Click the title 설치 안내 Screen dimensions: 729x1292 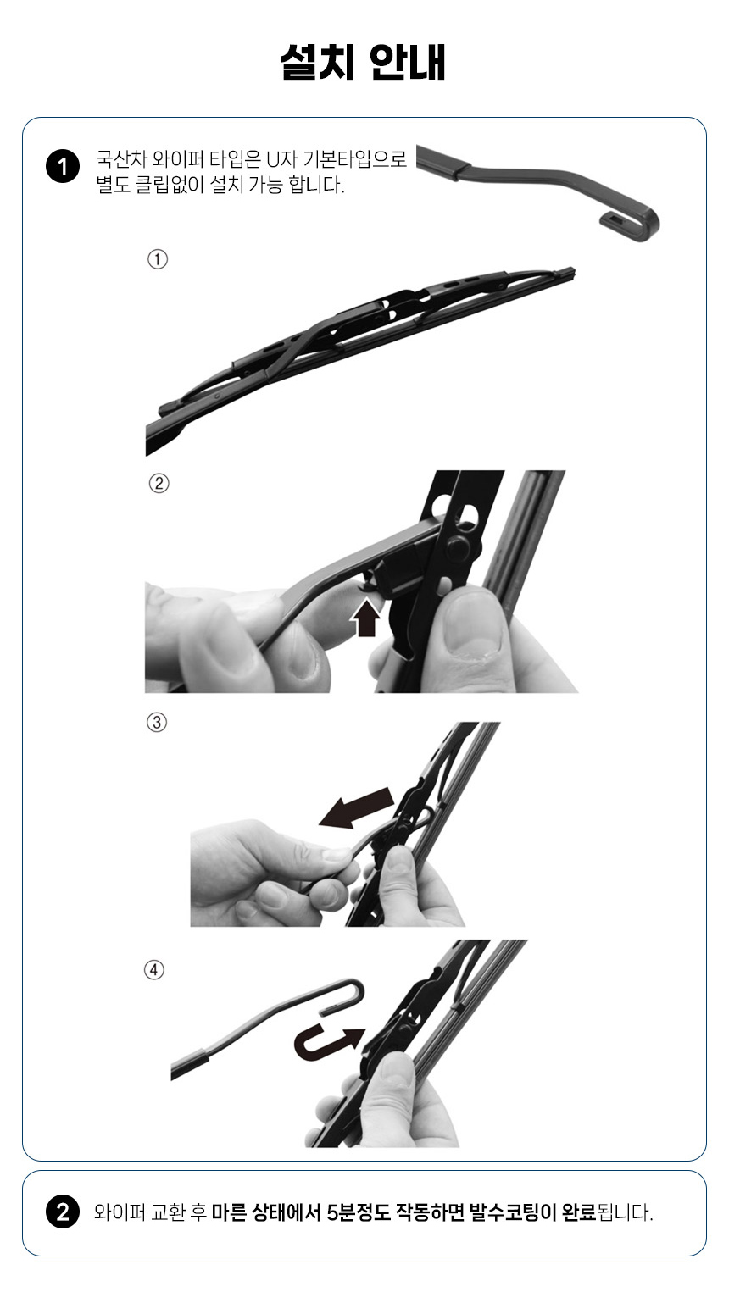363,63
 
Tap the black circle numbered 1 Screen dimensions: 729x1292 63,167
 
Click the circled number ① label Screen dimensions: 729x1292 158,259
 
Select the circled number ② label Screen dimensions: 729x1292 159,483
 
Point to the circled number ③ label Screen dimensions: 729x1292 157,722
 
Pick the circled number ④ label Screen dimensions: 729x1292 153,969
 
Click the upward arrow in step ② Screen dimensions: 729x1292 366,617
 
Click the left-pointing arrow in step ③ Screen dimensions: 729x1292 357,808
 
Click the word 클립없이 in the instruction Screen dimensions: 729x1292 170,185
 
